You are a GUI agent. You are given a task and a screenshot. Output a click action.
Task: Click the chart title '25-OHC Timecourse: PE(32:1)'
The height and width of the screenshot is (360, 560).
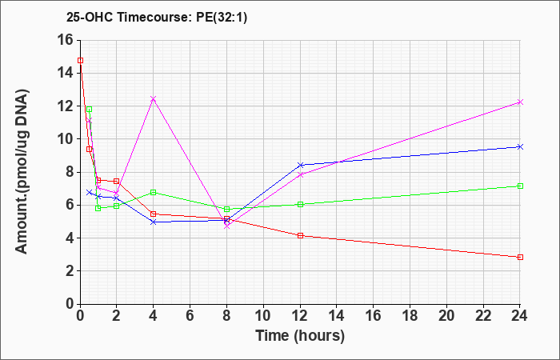(157, 18)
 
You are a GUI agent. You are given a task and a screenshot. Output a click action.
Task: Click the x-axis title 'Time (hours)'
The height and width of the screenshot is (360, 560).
(300, 336)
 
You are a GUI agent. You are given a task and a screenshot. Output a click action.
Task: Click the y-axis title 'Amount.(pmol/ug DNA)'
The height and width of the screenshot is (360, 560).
(22, 171)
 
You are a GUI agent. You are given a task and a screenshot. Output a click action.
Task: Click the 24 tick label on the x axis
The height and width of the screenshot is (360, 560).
(520, 316)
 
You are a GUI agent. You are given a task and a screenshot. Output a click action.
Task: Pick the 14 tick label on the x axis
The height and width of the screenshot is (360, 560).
(337, 316)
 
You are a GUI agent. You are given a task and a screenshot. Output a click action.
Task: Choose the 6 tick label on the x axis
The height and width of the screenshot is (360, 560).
(190, 316)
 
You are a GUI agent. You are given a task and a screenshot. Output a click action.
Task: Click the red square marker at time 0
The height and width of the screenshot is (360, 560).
(80, 60)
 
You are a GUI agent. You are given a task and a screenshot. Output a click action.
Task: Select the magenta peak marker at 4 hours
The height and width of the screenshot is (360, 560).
(154, 98)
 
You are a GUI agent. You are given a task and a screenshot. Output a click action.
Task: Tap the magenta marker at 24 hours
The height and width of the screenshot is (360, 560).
(520, 102)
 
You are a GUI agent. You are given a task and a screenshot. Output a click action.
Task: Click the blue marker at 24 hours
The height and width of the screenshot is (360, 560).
(520, 146)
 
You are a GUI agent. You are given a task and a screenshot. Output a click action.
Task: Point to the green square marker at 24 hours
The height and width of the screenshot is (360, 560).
(520, 186)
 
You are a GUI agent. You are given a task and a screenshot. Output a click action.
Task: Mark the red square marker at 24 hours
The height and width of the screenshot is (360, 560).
(520, 257)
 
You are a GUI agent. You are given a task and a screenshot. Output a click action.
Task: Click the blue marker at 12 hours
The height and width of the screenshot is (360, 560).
(300, 165)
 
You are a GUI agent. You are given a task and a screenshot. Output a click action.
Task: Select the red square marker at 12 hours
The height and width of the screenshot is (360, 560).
(300, 236)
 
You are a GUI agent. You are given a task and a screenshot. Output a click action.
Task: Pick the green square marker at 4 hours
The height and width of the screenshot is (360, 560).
(154, 193)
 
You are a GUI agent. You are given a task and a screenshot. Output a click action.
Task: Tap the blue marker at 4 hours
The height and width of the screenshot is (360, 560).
(154, 222)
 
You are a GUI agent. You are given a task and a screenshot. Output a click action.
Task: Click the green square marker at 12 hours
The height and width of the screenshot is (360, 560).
(300, 204)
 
